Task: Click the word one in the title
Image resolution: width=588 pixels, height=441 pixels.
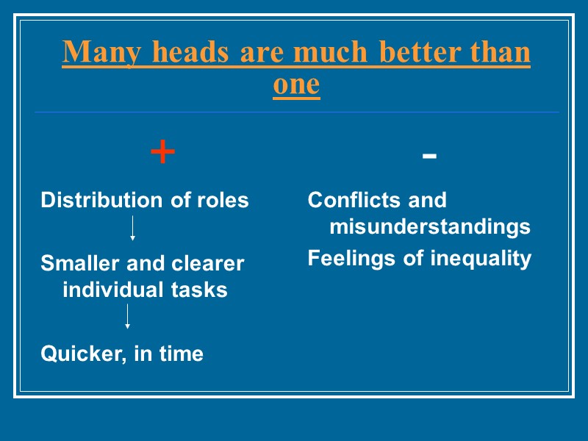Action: point(296,85)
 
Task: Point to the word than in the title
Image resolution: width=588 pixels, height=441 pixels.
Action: point(497,53)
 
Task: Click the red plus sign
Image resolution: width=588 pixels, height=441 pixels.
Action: point(162,153)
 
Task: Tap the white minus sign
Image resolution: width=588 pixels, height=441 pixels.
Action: point(430,156)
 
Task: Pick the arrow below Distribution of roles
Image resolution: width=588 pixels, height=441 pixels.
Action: point(132,229)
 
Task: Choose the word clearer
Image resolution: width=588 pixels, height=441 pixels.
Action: point(208,263)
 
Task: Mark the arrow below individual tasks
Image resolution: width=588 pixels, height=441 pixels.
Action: point(128,317)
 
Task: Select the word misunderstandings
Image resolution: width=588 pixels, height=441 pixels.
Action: point(430,227)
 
